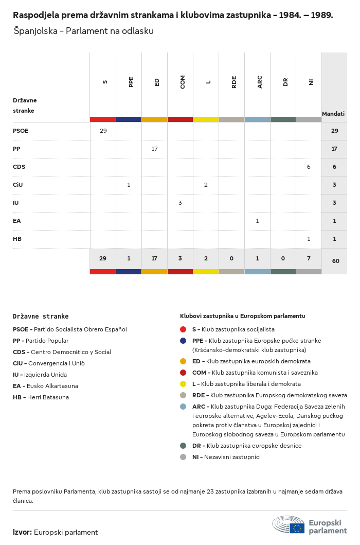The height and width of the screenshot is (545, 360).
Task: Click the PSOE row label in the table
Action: click(21, 131)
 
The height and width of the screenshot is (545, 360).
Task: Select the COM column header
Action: click(183, 82)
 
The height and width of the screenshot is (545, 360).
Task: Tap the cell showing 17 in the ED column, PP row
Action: click(154, 149)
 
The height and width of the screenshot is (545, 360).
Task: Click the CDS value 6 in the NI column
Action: click(309, 167)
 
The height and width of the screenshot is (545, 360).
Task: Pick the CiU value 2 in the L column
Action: click(206, 185)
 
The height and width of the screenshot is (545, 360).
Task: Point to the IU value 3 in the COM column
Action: click(180, 203)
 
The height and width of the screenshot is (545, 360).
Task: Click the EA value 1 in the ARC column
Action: click(257, 221)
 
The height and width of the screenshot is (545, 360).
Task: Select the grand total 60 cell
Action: click(336, 261)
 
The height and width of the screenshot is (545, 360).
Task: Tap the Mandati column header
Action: click(333, 114)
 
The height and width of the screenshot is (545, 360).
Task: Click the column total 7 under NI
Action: click(309, 258)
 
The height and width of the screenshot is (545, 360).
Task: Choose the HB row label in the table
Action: click(17, 239)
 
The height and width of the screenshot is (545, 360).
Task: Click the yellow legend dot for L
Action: click(183, 384)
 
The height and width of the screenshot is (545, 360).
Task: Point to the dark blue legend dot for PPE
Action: click(183, 341)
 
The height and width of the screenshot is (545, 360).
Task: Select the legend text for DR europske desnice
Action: click(247, 446)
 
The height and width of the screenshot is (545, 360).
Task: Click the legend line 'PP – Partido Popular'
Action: click(41, 341)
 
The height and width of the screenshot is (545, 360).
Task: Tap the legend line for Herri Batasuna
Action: click(41, 397)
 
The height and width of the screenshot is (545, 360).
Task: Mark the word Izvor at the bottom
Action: click(23, 532)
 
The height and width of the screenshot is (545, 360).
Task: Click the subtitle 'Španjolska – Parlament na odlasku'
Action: click(83, 31)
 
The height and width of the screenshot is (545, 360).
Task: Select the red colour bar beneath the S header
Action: click(103, 119)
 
